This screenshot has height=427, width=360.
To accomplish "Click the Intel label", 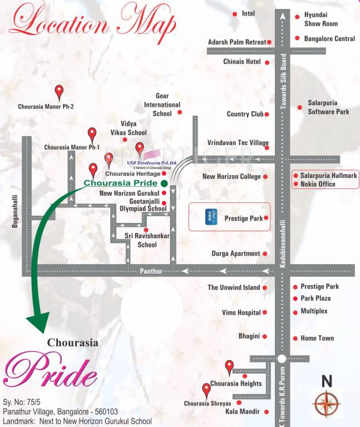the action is [x=248, y=13].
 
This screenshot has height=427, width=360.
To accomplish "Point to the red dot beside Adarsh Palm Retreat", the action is [x=269, y=42].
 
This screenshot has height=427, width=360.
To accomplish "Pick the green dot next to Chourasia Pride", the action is [x=164, y=183].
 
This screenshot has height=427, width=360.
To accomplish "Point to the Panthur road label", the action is [x=151, y=271].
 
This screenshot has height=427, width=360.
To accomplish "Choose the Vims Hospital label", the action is [x=241, y=312].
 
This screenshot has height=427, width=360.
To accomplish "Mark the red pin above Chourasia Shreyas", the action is [x=206, y=389].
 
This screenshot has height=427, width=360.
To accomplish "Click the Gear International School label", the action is [x=162, y=105].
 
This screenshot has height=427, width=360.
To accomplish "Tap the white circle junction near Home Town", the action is [x=282, y=359].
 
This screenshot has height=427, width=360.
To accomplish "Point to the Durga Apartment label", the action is [x=236, y=254].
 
